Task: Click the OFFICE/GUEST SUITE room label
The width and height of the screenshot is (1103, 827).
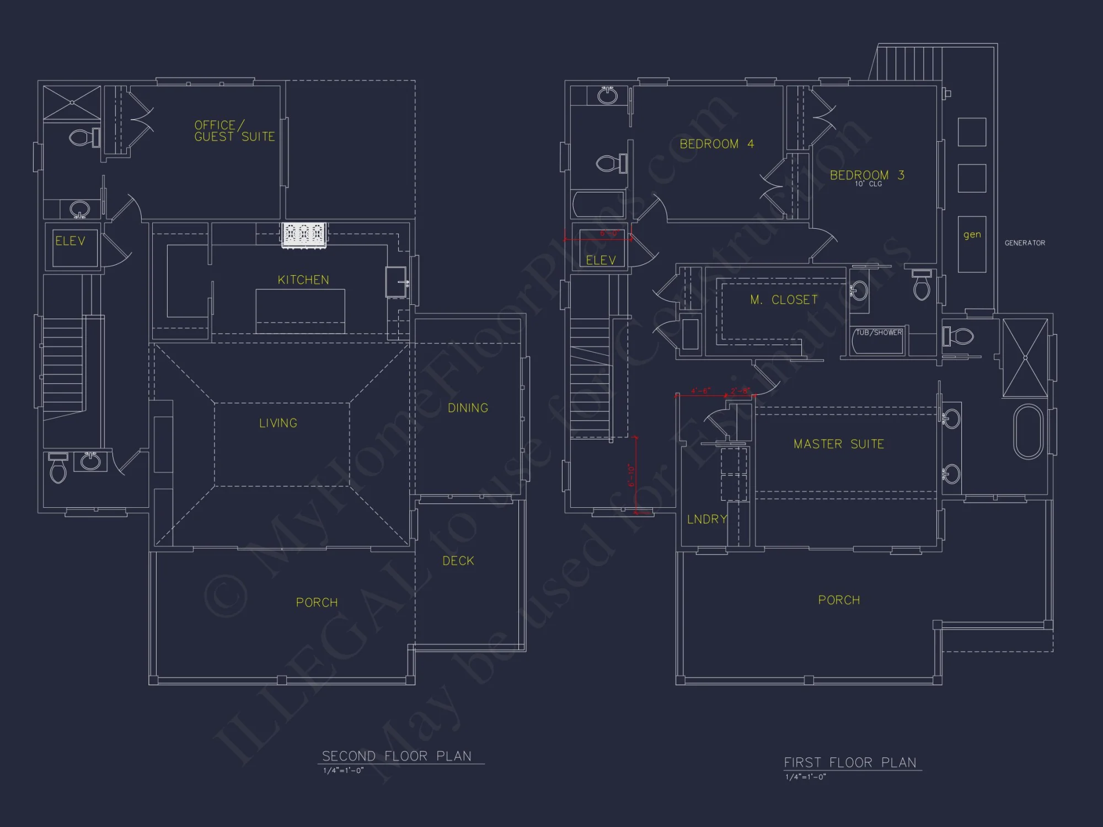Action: point(234,131)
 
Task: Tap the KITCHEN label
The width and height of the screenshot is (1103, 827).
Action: point(303,280)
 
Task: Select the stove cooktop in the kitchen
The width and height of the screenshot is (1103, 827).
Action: point(304,234)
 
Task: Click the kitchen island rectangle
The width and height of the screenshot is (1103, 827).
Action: point(301,310)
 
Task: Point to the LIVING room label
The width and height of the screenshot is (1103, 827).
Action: point(279,423)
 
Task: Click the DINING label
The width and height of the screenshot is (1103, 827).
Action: point(468,408)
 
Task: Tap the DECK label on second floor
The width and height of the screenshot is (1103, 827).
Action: point(458,561)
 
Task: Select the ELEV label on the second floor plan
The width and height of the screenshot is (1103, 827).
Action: point(70,241)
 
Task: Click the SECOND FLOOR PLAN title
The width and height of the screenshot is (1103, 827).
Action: point(397,756)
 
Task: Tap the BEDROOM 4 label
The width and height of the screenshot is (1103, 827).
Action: point(716,144)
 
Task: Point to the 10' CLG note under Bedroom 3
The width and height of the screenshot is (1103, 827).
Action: point(868,184)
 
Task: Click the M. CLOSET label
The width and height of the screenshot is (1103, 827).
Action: point(784,300)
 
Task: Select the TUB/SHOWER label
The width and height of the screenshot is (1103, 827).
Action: point(879,332)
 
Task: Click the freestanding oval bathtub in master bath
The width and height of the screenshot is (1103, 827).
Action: point(1028,432)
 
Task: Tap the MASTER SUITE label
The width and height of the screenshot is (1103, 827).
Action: point(838,444)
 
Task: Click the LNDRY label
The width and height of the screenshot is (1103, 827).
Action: point(707,519)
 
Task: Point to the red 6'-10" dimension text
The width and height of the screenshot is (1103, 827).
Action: point(631,475)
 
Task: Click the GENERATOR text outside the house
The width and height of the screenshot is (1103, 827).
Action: point(1025,243)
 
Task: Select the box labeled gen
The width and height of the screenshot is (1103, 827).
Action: point(972,244)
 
